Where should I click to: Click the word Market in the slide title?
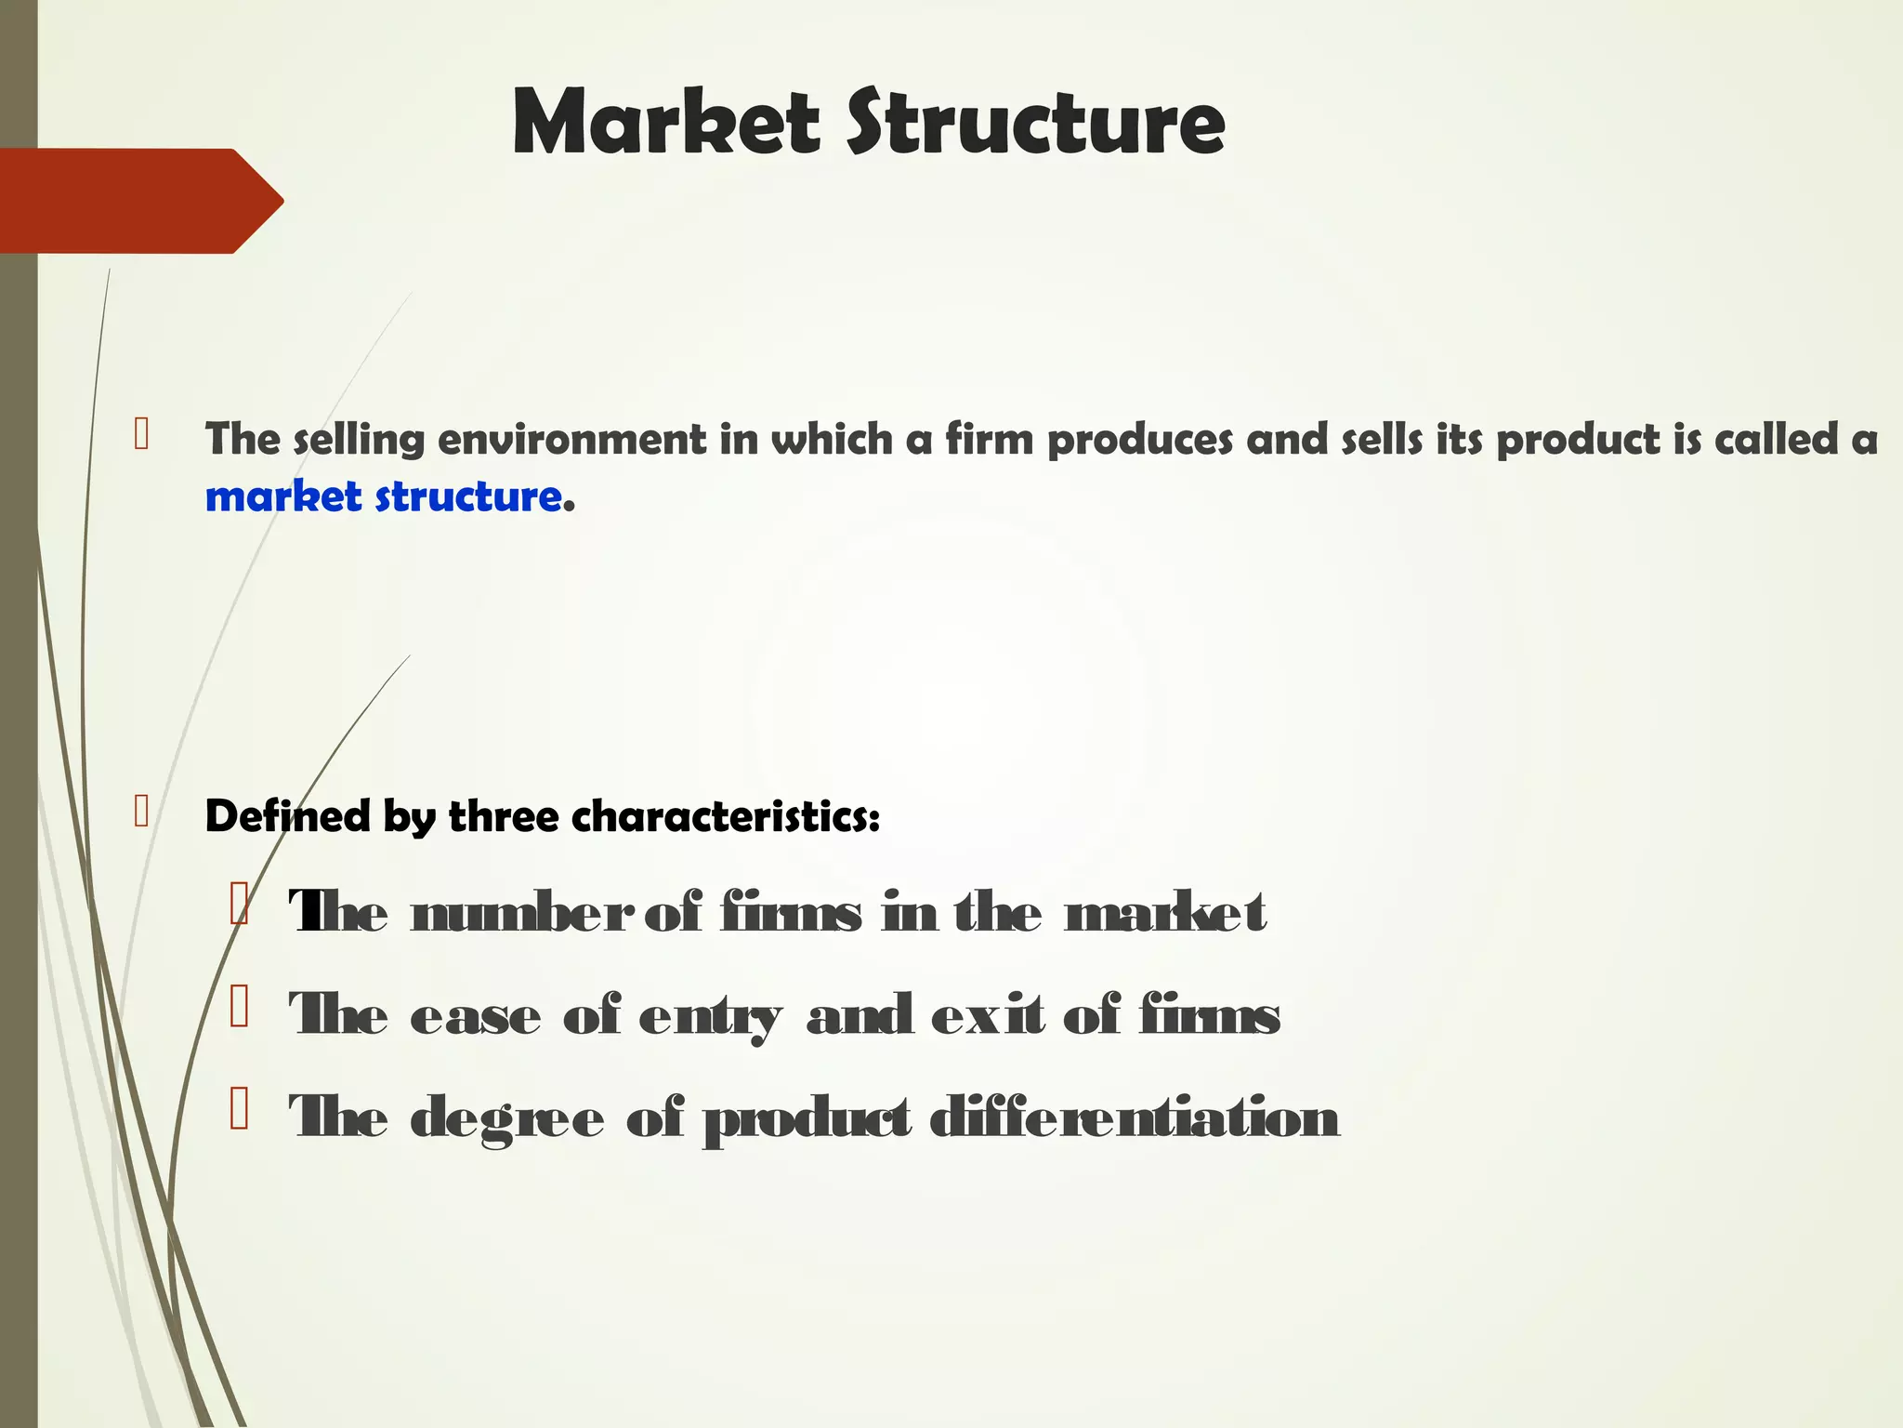coord(665,122)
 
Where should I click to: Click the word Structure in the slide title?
coord(1035,122)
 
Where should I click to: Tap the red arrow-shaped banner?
coord(139,201)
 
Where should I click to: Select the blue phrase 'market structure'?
coord(384,496)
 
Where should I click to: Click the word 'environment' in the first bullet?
coord(571,439)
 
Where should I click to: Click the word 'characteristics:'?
coord(725,816)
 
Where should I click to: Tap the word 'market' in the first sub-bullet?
coord(1165,913)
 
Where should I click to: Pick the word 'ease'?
coord(475,1015)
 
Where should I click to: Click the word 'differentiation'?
coord(1134,1117)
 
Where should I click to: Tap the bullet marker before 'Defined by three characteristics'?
coord(141,812)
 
